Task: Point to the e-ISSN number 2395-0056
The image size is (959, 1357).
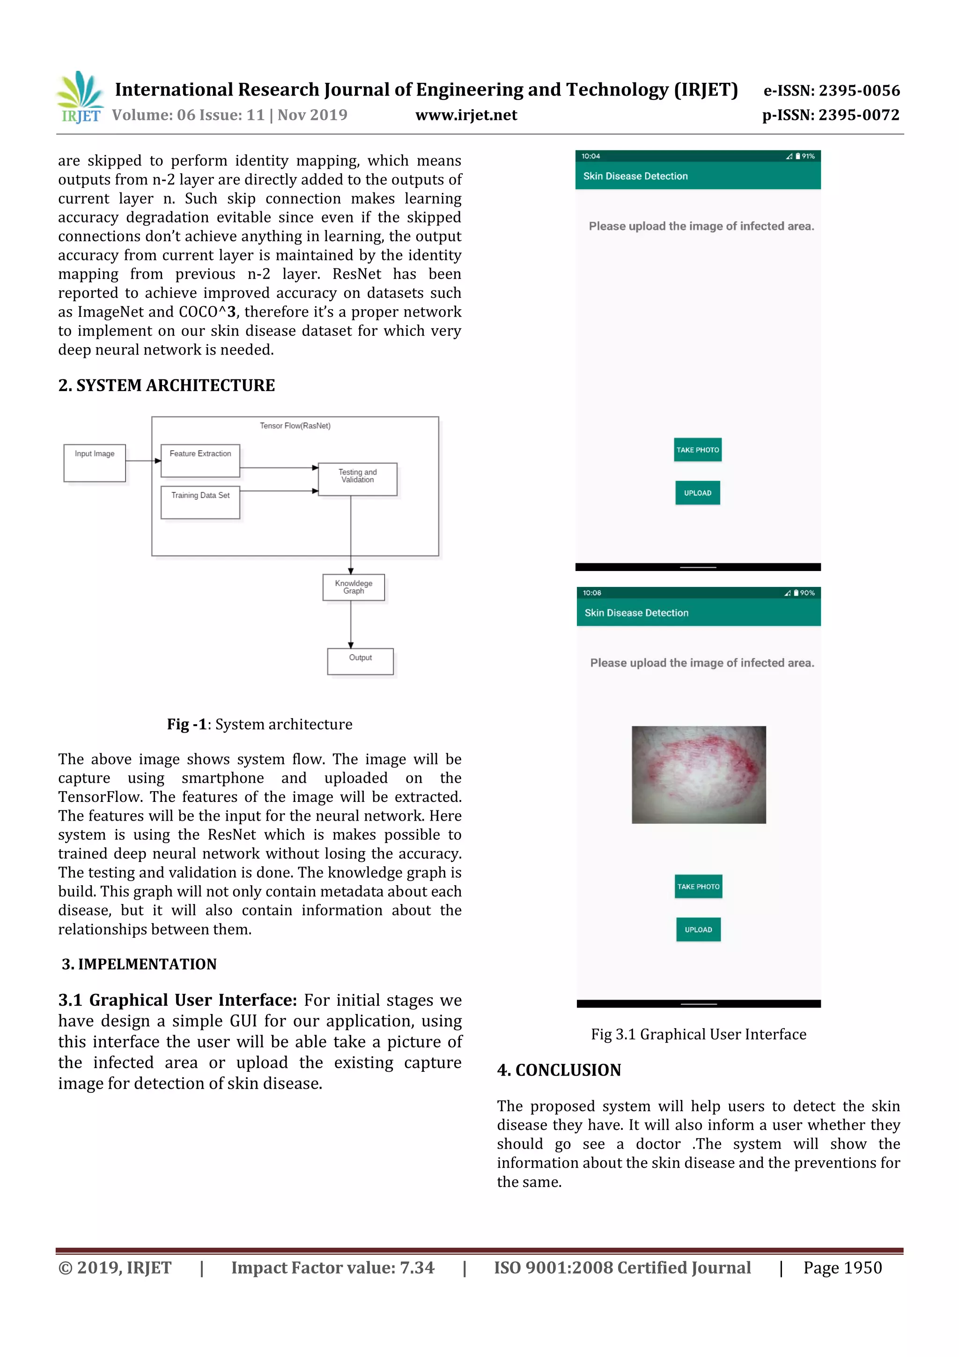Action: pyautogui.click(x=831, y=90)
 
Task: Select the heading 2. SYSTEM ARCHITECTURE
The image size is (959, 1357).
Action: pyautogui.click(x=166, y=386)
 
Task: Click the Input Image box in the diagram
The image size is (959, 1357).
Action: pyautogui.click(x=95, y=463)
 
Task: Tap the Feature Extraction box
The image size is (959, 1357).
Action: pyautogui.click(x=200, y=460)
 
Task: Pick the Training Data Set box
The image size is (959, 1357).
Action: pyautogui.click(x=200, y=502)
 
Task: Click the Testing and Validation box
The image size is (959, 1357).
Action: pyautogui.click(x=357, y=479)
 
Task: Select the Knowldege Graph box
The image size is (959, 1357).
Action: pyautogui.click(x=354, y=587)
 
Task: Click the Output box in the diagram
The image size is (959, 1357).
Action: pyautogui.click(x=361, y=661)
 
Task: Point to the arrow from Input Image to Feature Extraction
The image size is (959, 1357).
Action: pyautogui.click(x=143, y=460)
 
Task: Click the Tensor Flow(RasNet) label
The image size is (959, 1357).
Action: pyautogui.click(x=295, y=425)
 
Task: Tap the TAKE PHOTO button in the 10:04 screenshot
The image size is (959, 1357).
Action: pyautogui.click(x=697, y=450)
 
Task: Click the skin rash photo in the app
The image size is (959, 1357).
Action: pyautogui.click(x=699, y=774)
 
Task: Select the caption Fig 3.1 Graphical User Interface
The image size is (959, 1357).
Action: pyautogui.click(x=699, y=1034)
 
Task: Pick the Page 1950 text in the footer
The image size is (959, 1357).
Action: pyautogui.click(x=842, y=1267)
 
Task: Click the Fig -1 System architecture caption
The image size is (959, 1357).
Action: pyautogui.click(x=259, y=724)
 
